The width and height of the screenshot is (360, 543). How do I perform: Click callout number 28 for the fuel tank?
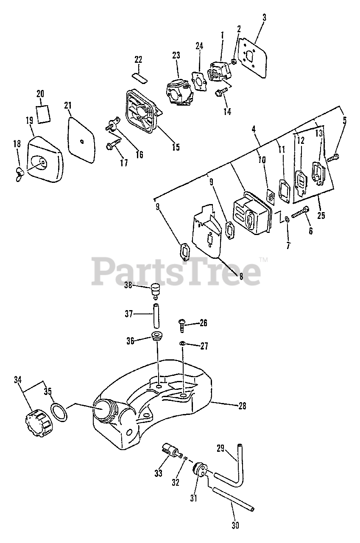242,406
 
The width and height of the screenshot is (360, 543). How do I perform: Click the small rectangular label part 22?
139,77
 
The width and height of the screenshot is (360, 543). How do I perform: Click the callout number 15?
175,147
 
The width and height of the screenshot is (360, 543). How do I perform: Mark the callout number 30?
235,526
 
